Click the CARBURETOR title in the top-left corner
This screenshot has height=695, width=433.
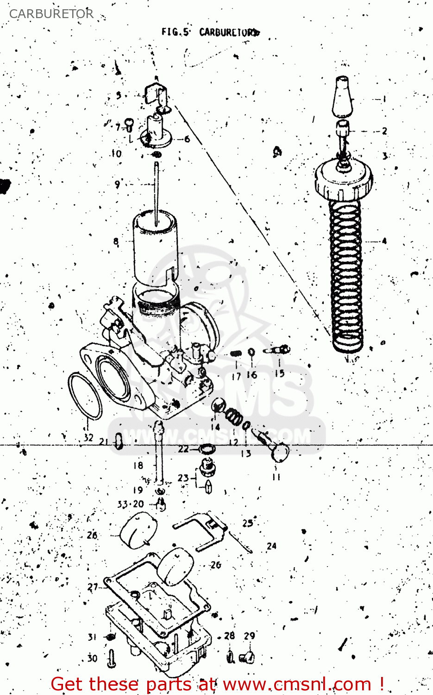(51, 14)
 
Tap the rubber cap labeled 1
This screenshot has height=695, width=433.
(343, 97)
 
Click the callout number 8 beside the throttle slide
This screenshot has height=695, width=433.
(116, 241)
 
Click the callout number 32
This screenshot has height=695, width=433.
(88, 437)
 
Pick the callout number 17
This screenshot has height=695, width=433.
(236, 376)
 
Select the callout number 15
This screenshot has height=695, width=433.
(279, 373)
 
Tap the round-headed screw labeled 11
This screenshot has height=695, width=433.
(279, 452)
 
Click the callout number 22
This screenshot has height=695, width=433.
(183, 449)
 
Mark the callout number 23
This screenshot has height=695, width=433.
(183, 478)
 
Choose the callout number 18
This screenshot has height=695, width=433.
(138, 465)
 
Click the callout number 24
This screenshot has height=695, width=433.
(271, 546)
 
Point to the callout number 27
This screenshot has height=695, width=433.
(93, 587)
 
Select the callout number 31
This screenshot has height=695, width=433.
(92, 637)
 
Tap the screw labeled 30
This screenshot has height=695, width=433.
(112, 658)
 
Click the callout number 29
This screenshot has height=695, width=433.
(249, 636)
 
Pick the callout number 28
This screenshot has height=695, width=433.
(229, 636)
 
